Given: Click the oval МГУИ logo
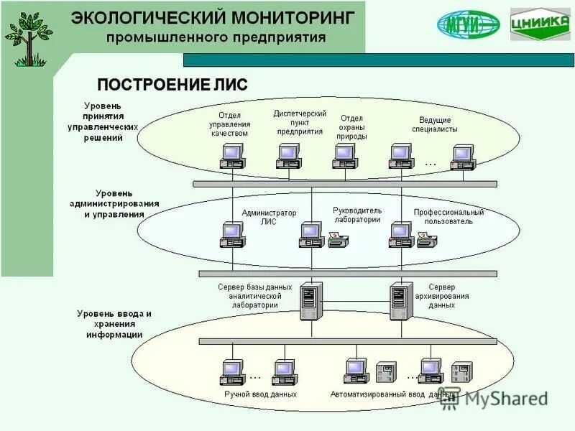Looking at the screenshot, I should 469,25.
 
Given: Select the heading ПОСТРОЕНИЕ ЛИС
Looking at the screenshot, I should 172,85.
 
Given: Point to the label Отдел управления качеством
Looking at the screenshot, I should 229,124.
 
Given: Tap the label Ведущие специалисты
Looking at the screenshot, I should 435,124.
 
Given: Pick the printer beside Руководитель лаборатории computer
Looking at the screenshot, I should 339,240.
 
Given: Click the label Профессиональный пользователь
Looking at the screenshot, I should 448,217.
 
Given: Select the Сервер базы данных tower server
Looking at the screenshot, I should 310,301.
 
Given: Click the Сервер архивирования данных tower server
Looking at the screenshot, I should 400,301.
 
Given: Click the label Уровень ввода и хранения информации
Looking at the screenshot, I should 114,324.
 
